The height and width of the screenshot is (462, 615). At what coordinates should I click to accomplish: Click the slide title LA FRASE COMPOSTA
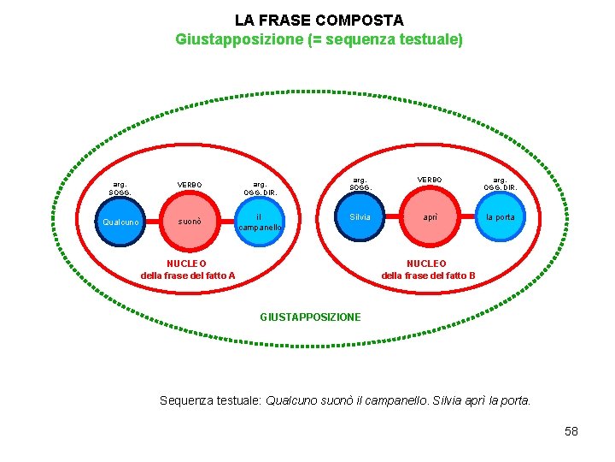click(x=319, y=20)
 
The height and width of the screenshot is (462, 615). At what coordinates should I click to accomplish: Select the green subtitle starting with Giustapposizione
click(x=319, y=39)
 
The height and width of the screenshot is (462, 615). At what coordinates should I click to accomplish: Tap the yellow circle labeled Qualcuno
click(x=120, y=222)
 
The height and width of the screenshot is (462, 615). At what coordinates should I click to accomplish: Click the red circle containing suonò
click(x=190, y=222)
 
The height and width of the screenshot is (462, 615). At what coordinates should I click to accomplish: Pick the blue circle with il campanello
click(x=259, y=222)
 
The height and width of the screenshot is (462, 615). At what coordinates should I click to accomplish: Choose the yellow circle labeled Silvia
click(x=360, y=217)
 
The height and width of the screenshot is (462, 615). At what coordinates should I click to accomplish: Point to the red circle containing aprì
click(x=430, y=217)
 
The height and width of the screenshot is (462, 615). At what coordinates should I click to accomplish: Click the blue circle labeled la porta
click(x=500, y=217)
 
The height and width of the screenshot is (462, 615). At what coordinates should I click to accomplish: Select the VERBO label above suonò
click(x=190, y=184)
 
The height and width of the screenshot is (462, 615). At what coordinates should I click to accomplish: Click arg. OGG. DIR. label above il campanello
click(x=260, y=187)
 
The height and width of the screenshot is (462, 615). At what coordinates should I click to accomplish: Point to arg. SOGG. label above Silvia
click(x=360, y=183)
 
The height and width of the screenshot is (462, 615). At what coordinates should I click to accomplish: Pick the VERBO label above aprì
click(x=430, y=180)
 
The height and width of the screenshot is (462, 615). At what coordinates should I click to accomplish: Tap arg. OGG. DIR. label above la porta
click(x=500, y=183)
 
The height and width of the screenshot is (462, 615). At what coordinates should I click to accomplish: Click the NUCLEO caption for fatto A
click(x=188, y=269)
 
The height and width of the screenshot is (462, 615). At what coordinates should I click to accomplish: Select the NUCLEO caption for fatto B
click(x=427, y=269)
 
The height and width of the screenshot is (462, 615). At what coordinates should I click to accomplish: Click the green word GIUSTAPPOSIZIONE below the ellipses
click(x=310, y=317)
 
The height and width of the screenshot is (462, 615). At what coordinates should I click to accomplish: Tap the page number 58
click(x=571, y=431)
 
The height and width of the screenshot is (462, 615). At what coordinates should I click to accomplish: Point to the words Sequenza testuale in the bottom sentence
click(x=211, y=400)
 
